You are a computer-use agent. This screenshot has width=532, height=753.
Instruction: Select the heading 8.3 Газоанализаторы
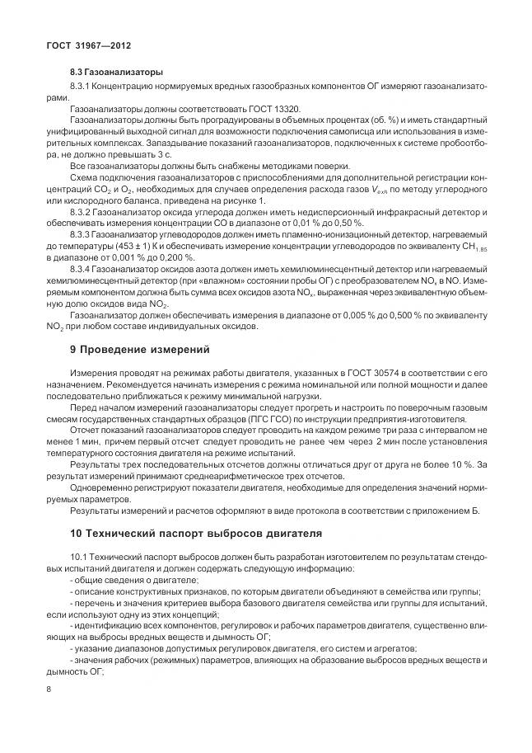pos(116,73)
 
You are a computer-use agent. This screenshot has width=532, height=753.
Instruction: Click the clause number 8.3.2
pos(85,212)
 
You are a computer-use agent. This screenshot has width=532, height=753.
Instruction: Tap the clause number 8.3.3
pos(85,235)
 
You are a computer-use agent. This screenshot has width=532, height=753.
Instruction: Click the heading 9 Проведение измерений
pos(141,349)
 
